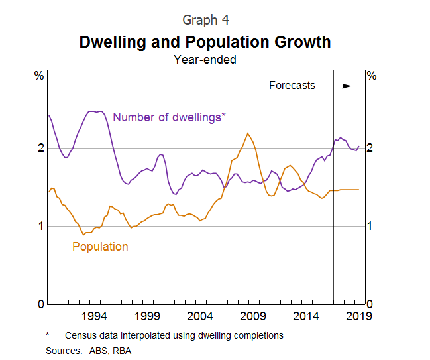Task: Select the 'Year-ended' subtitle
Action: [x=205, y=60]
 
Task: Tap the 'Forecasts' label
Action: [x=292, y=86]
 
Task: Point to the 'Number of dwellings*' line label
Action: [x=169, y=117]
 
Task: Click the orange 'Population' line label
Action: [x=100, y=247]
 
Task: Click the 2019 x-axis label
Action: [x=359, y=315]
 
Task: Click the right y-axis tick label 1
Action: [x=370, y=226]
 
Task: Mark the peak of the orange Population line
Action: [x=248, y=133]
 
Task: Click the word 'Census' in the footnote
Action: [x=81, y=335]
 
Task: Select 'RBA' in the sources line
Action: [x=121, y=349]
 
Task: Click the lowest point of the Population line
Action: [x=83, y=235]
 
